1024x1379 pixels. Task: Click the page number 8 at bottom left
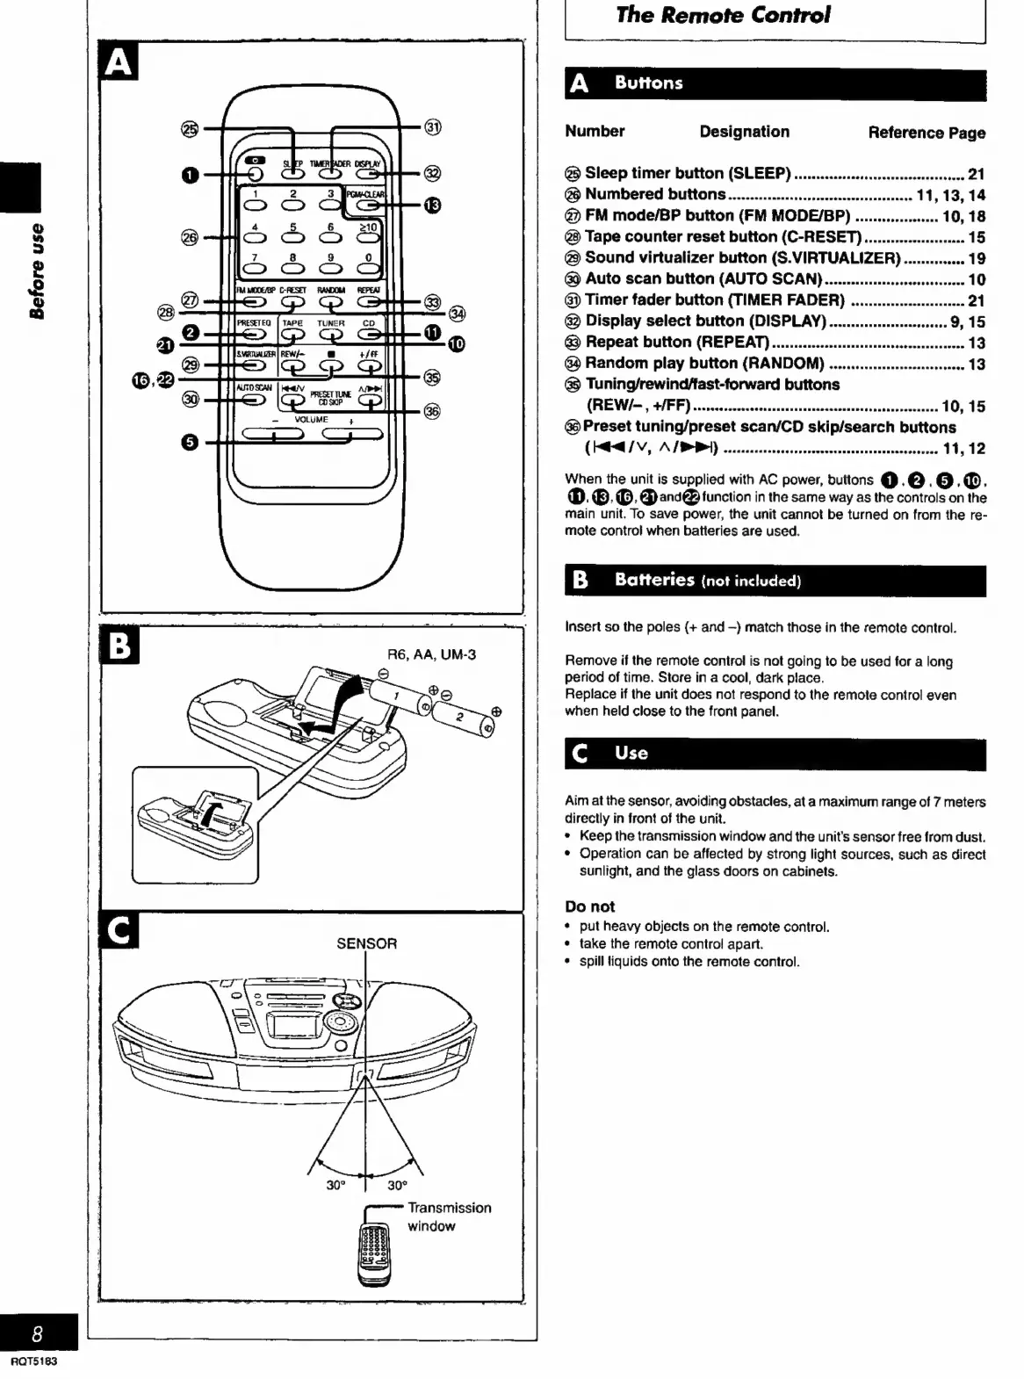[x=37, y=1333]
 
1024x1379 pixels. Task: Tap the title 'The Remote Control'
[x=722, y=15]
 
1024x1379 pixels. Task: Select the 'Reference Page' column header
[x=927, y=133]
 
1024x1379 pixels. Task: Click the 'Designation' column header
[x=744, y=132]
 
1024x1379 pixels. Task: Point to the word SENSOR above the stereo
[x=366, y=943]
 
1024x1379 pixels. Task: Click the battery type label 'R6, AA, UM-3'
[x=431, y=654]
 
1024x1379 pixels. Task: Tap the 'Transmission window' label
[x=449, y=1217]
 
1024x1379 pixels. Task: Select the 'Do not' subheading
[x=589, y=906]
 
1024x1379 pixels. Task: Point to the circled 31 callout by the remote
[x=432, y=127]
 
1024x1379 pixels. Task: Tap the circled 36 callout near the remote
[x=431, y=411]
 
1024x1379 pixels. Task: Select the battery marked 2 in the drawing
[x=466, y=718]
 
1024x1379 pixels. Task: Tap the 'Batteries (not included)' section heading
[x=708, y=580]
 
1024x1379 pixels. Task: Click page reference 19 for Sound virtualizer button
[x=976, y=258]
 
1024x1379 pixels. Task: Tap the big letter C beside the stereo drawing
[x=119, y=932]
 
